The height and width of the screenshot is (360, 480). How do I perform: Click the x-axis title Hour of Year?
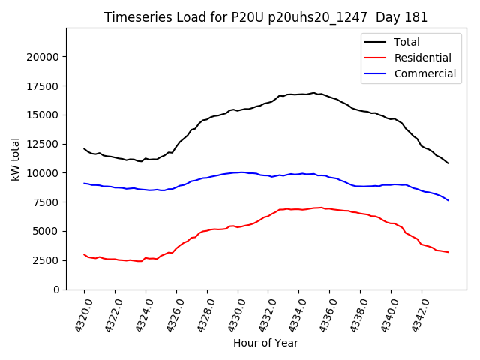click(x=265, y=343)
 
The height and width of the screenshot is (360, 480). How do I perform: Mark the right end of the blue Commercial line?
click(x=448, y=200)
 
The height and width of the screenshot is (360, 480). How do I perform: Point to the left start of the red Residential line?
click(x=84, y=254)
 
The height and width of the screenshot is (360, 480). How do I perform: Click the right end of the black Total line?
click(x=448, y=163)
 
